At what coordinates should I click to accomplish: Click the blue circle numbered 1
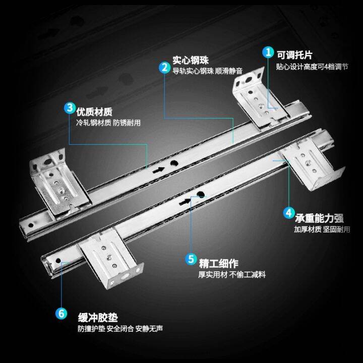tap(268, 52)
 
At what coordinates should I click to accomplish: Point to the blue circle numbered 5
tap(191, 259)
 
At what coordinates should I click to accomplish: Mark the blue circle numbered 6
tap(61, 314)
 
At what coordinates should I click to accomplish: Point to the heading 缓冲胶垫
tap(98, 318)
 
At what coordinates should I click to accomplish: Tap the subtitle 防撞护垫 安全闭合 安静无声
tap(120, 329)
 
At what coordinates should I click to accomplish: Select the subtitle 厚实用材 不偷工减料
tap(231, 275)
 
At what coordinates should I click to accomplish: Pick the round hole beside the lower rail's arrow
tap(186, 195)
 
